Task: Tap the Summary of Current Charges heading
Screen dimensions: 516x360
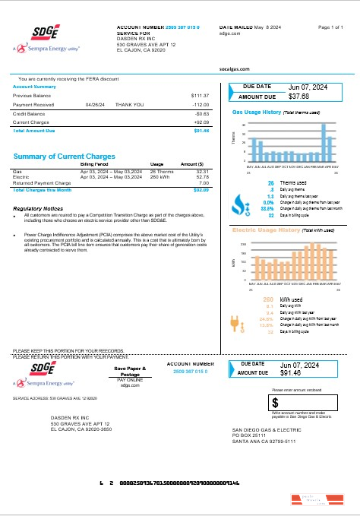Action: (65, 157)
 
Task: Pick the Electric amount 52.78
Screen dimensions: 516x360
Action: (202, 178)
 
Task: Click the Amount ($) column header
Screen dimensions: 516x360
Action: (191, 164)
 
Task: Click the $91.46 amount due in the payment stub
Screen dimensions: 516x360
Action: (295, 373)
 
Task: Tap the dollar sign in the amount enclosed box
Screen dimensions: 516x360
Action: (276, 402)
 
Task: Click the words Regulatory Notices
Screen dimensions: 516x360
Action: (38, 207)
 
